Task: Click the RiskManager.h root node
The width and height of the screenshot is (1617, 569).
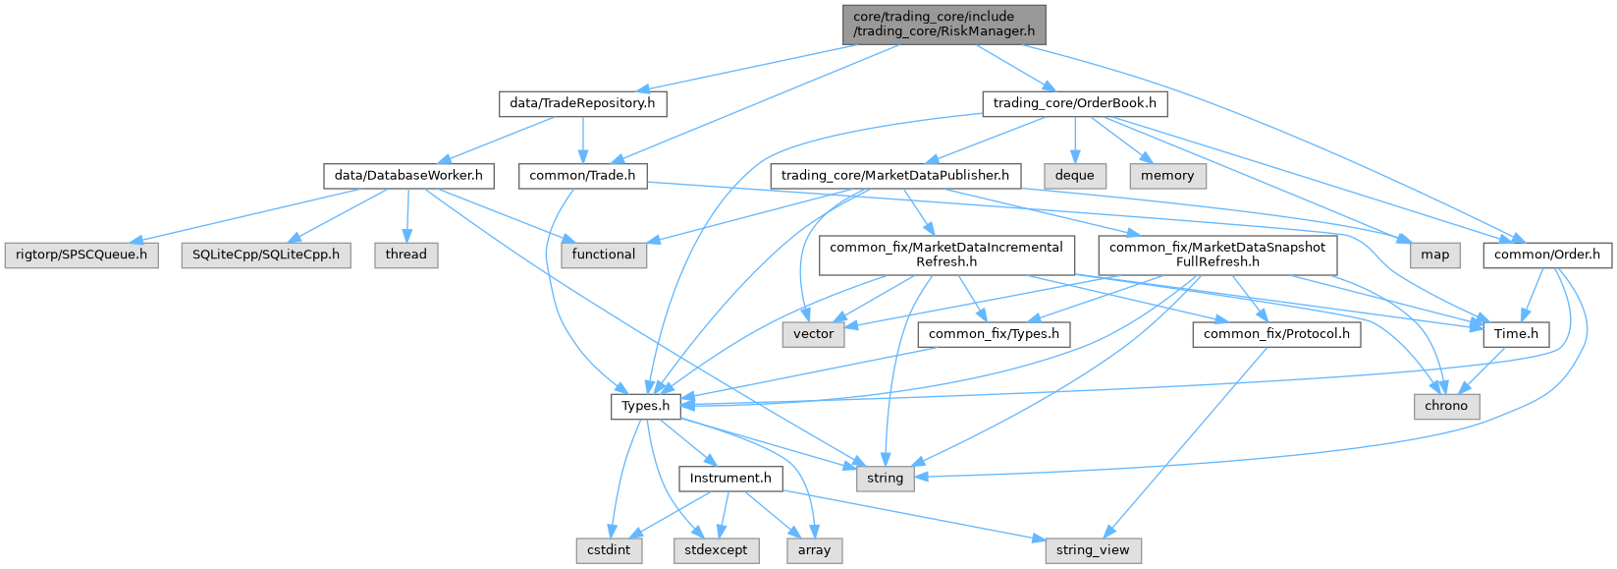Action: [x=943, y=25]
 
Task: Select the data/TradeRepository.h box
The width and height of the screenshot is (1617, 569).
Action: [x=582, y=103]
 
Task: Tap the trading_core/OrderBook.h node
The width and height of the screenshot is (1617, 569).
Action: [x=1074, y=103]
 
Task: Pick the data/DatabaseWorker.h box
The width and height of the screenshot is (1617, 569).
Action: [x=408, y=176]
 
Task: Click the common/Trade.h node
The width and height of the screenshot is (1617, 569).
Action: [x=582, y=176]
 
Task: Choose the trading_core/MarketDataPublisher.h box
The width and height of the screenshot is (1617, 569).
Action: [x=894, y=176]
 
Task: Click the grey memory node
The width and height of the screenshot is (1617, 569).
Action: [x=1167, y=176]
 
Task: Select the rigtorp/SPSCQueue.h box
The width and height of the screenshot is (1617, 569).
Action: [x=81, y=255]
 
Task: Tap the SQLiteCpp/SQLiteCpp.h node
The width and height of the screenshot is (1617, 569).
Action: [x=266, y=255]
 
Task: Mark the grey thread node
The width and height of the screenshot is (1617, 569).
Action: [x=405, y=255]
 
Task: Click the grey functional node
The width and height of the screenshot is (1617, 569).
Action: [x=604, y=255]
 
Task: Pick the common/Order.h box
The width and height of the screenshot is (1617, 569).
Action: [x=1546, y=255]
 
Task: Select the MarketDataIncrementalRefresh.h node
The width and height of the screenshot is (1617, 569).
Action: [x=945, y=255]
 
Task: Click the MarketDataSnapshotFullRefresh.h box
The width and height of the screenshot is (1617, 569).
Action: [x=1216, y=255]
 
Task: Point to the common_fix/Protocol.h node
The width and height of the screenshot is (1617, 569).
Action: [x=1276, y=334]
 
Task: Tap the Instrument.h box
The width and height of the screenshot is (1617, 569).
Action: [x=730, y=479]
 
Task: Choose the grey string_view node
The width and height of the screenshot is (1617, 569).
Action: [x=1092, y=550]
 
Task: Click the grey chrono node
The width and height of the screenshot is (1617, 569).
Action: [x=1446, y=406]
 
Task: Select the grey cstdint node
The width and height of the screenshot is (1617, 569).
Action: [x=609, y=550]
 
